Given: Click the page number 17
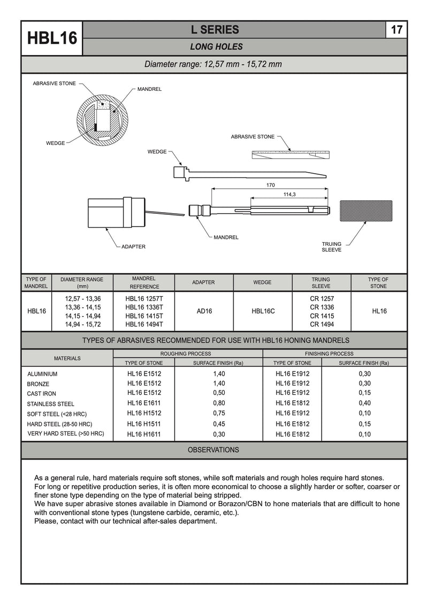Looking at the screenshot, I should [396, 30].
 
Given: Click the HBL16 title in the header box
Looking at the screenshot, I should [52, 38].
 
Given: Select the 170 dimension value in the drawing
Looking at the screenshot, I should [270, 185].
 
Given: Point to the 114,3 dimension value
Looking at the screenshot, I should [289, 195].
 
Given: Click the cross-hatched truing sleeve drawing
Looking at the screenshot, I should [366, 212].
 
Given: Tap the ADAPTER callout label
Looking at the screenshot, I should [133, 247].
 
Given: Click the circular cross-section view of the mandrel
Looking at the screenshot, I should [102, 119].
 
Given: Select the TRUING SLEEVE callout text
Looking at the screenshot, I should [331, 247].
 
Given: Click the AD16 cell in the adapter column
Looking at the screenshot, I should [204, 311].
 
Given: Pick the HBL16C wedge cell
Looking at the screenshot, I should [263, 311].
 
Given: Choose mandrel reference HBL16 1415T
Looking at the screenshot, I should [144, 316].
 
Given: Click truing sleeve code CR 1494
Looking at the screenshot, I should [322, 324].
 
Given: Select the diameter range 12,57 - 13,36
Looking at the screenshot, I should [83, 298].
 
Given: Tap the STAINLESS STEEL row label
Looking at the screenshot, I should [51, 404].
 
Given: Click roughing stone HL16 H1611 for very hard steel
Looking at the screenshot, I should [144, 435].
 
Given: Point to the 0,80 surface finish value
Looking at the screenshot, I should [219, 404].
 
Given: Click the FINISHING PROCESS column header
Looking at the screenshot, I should [329, 354].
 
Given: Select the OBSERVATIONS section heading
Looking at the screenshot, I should [213, 450].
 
